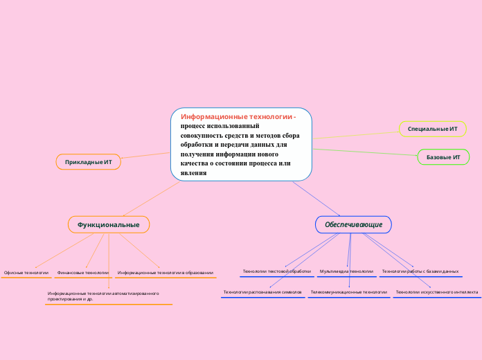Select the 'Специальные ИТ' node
point(432,129)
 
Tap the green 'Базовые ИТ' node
point(443,157)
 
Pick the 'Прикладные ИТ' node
point(88,162)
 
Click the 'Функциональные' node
point(109,224)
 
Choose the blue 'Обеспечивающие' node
point(353,224)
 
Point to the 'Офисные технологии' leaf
point(26,273)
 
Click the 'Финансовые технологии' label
point(83,273)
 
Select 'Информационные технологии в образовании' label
point(165,273)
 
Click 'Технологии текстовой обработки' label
point(276,271)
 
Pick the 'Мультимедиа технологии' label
point(346,271)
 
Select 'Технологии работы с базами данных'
point(420,271)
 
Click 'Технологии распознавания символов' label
point(262,292)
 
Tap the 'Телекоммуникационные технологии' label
point(348,292)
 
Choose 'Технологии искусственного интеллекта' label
point(436,292)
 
